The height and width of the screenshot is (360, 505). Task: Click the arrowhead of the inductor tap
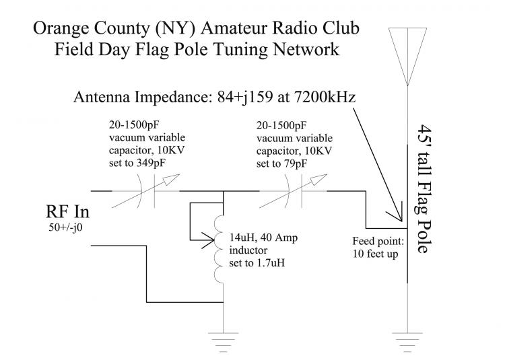pos(211,238)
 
